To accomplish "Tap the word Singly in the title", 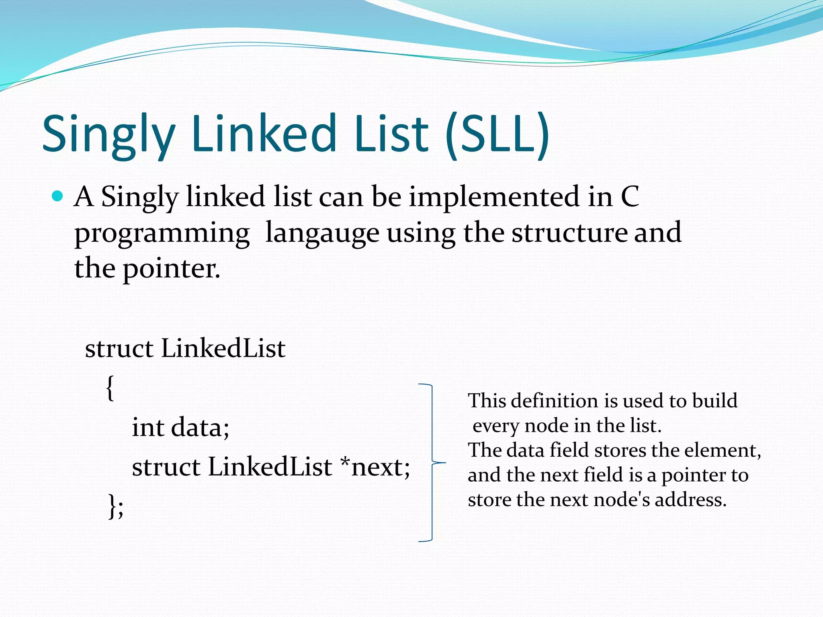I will pos(109,135).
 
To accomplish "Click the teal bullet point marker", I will pos(58,196).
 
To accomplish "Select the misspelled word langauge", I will pos(322,233).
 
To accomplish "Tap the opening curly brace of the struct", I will pos(110,388).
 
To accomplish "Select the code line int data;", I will pos(180,427).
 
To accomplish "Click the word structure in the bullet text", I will pos(568,233).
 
